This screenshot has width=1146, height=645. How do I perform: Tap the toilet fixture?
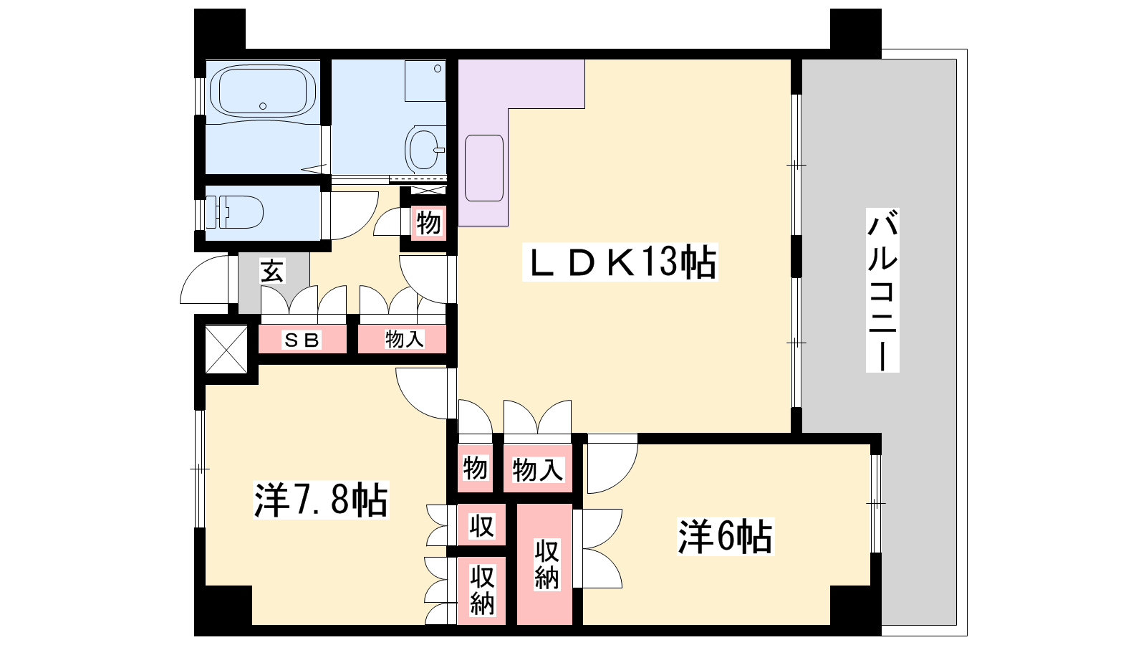pyautogui.click(x=233, y=212)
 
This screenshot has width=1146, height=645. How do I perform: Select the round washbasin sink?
pyautogui.click(x=423, y=148)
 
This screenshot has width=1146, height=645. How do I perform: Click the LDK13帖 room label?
pyautogui.click(x=620, y=262)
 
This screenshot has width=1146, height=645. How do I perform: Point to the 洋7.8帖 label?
pyautogui.click(x=321, y=500)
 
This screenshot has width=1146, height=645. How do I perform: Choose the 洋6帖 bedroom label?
pyautogui.click(x=726, y=537)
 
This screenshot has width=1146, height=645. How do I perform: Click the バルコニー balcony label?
pyautogui.click(x=882, y=290)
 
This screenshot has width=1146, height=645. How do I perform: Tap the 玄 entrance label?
pyautogui.click(x=272, y=272)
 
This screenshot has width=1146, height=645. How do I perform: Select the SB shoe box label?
pyautogui.click(x=302, y=340)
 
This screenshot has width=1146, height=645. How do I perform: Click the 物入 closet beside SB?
pyautogui.click(x=404, y=339)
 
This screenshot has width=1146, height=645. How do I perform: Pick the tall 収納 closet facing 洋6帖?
pyautogui.click(x=546, y=564)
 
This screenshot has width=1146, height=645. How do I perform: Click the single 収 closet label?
pyautogui.click(x=481, y=525)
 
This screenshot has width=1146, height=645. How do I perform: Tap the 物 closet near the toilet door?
pyautogui.click(x=428, y=223)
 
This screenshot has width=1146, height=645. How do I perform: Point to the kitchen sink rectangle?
pyautogui.click(x=484, y=168)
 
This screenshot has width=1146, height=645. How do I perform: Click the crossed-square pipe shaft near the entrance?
pyautogui.click(x=226, y=349)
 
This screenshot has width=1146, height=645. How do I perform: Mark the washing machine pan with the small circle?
pyautogui.click(x=425, y=81)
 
